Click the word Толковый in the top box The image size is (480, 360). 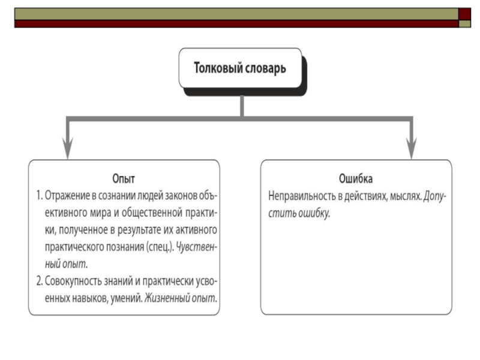[217, 68]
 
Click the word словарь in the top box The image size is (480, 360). [266, 68]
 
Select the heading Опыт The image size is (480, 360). [124, 178]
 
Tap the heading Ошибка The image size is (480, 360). [356, 178]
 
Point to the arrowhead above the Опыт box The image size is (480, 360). [68, 149]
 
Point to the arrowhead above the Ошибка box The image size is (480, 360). [411, 149]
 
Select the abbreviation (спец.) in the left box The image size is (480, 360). [160, 247]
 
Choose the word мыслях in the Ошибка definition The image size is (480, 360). [406, 196]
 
